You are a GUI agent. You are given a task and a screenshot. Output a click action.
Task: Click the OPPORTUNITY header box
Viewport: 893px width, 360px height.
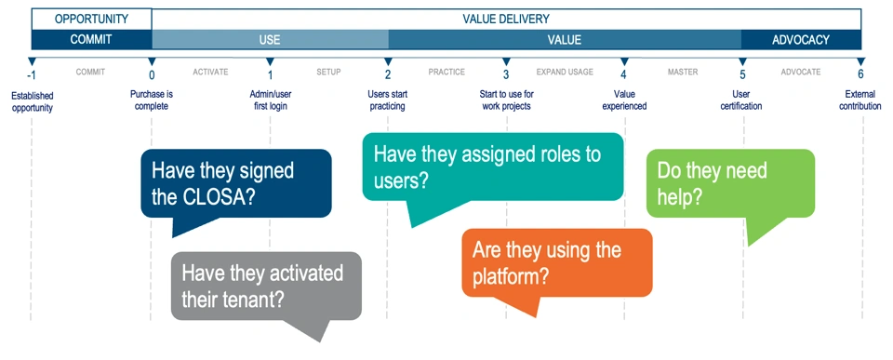91,19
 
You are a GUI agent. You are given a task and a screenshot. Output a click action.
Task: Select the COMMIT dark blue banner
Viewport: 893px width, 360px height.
91,40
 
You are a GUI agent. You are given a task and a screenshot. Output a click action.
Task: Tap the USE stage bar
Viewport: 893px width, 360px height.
270,40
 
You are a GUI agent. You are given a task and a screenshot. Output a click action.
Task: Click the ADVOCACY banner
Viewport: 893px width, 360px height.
801,40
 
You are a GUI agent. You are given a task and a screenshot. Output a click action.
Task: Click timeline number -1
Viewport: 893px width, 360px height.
32,74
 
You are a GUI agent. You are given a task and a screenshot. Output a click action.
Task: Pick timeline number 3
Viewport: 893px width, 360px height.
506,74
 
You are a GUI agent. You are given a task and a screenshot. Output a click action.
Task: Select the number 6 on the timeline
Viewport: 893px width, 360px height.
860,74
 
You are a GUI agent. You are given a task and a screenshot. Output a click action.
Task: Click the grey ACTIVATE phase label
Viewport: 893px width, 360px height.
210,73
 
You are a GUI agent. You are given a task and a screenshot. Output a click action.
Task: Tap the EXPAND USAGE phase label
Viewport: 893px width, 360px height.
565,73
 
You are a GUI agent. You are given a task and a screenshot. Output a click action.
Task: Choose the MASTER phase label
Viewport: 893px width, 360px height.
682,73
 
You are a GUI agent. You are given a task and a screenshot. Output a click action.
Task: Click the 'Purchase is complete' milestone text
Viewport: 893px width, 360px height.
151,100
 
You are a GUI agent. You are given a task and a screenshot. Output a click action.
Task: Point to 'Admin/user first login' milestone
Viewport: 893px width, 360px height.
270,100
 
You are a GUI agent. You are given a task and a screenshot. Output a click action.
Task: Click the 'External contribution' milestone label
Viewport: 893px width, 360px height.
860,100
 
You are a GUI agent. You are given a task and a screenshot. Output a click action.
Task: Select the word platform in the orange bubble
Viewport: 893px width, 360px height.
505,276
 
